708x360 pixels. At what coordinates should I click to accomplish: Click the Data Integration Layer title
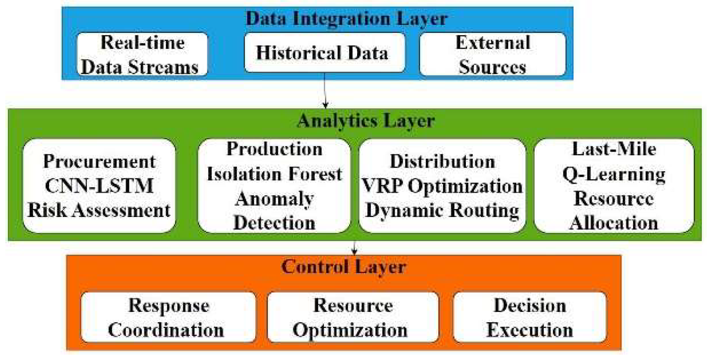[x=346, y=19]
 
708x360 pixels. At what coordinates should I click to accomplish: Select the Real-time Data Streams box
[x=142, y=54]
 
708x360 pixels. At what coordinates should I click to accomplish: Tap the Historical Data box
[x=324, y=53]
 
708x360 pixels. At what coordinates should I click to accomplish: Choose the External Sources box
[x=493, y=54]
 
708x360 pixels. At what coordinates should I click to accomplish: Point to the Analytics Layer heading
[x=366, y=121]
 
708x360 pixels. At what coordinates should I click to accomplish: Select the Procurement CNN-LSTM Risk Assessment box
[x=99, y=186]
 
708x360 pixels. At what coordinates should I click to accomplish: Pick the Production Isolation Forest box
[x=274, y=186]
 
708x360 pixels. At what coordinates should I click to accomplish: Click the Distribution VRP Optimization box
[x=442, y=186]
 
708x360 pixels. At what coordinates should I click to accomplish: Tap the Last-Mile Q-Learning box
[x=613, y=186]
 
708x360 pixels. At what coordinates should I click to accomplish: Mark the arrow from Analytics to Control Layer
[x=354, y=248]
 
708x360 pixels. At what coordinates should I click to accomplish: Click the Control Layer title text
[x=343, y=267]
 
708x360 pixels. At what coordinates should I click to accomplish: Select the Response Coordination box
[x=168, y=317]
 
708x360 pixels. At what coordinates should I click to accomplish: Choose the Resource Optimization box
[x=352, y=317]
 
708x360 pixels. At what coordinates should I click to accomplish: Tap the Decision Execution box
[x=530, y=317]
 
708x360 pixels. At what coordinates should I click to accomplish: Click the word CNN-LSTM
[x=99, y=186]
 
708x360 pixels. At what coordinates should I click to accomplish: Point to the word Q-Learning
[x=613, y=174]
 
